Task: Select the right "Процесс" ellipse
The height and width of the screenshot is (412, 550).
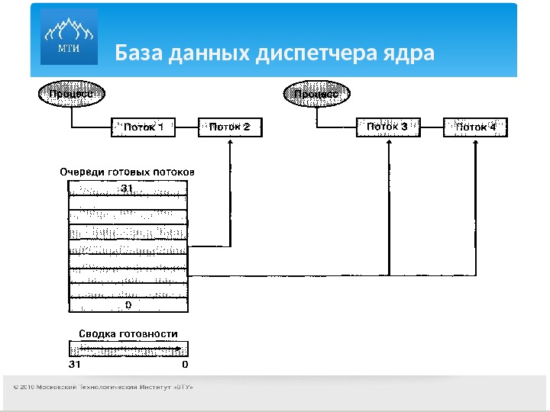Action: pyautogui.click(x=318, y=95)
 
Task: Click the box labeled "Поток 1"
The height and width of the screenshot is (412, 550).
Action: pyautogui.click(x=143, y=127)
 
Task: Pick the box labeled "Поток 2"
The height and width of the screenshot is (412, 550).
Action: pyautogui.click(x=229, y=127)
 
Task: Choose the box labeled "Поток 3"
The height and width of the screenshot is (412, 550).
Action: pyautogui.click(x=388, y=127)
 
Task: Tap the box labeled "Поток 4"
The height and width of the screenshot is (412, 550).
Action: pyautogui.click(x=475, y=127)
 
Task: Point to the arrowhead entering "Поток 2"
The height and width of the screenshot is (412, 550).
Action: pyautogui.click(x=230, y=143)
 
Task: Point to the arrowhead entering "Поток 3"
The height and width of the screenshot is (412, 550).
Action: pyautogui.click(x=389, y=143)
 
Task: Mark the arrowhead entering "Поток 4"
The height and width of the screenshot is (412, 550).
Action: pyautogui.click(x=475, y=143)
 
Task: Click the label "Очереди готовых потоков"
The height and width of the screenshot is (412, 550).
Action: pyautogui.click(x=128, y=172)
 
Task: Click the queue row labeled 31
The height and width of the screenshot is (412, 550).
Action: pyautogui.click(x=128, y=187)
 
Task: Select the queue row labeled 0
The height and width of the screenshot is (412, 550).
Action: pyautogui.click(x=128, y=304)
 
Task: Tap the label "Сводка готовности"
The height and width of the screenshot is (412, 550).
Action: pyautogui.click(x=128, y=333)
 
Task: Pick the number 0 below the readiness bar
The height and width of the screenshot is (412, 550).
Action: pyautogui.click(x=184, y=365)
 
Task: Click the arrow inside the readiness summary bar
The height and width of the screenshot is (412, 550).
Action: pyautogui.click(x=130, y=349)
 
